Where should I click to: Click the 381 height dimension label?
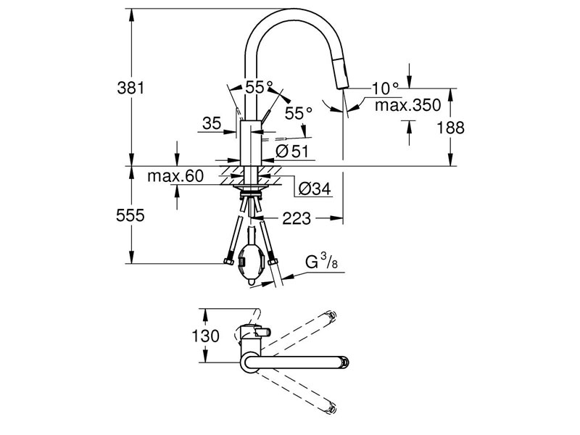point(130,88)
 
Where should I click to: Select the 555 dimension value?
point(130,215)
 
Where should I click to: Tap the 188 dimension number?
point(450,128)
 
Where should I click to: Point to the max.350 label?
point(407,105)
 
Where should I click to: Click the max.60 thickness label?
point(175,176)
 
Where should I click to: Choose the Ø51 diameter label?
point(292,152)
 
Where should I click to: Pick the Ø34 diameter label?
point(315,189)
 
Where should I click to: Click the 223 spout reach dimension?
point(297,219)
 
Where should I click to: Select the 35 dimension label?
point(212,123)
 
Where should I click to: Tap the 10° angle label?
point(385,88)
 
